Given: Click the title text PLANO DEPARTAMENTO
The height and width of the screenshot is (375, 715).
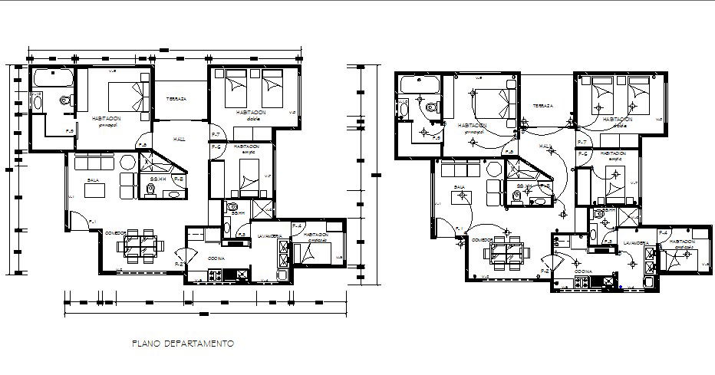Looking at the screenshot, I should pyautogui.click(x=182, y=344).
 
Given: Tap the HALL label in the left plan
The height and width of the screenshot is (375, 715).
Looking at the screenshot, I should pyautogui.click(x=180, y=139).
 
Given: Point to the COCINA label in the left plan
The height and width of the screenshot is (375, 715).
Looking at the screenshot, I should pyautogui.click(x=216, y=259).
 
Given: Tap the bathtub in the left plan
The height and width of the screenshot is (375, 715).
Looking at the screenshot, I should pyautogui.click(x=52, y=77).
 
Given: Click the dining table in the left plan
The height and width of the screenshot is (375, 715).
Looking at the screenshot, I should pyautogui.click(x=141, y=245).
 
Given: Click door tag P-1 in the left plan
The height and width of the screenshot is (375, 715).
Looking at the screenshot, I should pyautogui.click(x=92, y=222).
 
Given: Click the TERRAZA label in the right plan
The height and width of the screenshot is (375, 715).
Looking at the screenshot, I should pyautogui.click(x=544, y=106).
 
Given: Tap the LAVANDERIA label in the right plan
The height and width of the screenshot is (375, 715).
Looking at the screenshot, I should pyautogui.click(x=637, y=243).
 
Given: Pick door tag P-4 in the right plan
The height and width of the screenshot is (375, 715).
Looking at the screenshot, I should pyautogui.click(x=665, y=232).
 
